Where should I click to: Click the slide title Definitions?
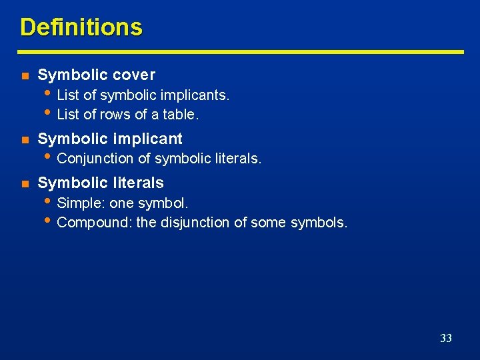pos(81,27)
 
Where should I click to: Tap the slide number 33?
pos(446,338)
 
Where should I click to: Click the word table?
pos(182,115)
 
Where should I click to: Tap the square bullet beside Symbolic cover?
pos(25,75)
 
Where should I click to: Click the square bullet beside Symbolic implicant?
pos(25,139)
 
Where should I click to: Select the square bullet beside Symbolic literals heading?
pos(25,183)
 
